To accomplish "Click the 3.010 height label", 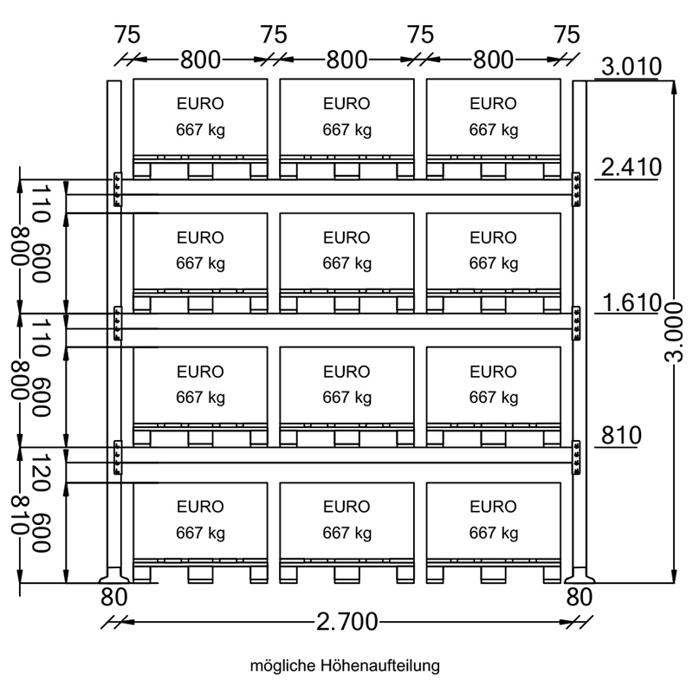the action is coord(631,67).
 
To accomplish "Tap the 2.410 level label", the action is coord(631,167).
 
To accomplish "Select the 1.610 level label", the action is coord(631,302).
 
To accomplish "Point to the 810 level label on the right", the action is coord(621,436).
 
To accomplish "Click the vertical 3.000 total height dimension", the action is coord(674,332).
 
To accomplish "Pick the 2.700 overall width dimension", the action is coord(347,622).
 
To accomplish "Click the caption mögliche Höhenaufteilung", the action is coord(345,665).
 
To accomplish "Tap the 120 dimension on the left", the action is coord(41,472).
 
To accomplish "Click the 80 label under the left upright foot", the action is coord(114,597).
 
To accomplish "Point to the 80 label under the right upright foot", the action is coord(579,597).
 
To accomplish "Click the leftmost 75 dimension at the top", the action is coord(127,35).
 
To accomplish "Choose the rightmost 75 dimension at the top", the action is coord(567,35).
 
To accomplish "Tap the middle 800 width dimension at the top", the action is coord(347,60).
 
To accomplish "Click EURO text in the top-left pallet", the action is coord(200,103).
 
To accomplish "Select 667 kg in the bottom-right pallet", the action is coord(494,533).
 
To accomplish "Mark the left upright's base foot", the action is coord(114,575).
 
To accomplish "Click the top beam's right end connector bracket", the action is coord(576,189).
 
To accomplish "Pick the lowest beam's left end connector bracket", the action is coord(118,457).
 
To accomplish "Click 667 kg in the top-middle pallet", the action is coord(347,130).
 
